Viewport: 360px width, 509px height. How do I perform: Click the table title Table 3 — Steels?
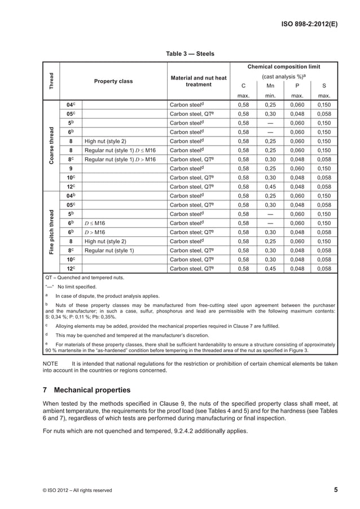[x=190, y=54]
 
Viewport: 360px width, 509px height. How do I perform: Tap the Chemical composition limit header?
[x=284, y=67]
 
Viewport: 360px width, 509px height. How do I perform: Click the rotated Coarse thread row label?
[x=51, y=146]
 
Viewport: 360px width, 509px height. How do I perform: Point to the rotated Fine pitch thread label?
[x=51, y=232]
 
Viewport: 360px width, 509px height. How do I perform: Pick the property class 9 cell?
[x=71, y=168]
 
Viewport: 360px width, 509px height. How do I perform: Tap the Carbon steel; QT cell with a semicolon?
[x=192, y=232]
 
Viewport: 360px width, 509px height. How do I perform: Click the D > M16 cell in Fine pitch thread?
[x=95, y=232]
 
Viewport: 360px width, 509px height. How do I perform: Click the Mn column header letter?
[x=271, y=86]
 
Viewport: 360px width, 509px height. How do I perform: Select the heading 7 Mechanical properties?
[x=87, y=390]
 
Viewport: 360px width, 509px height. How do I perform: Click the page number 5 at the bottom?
[x=336, y=490]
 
